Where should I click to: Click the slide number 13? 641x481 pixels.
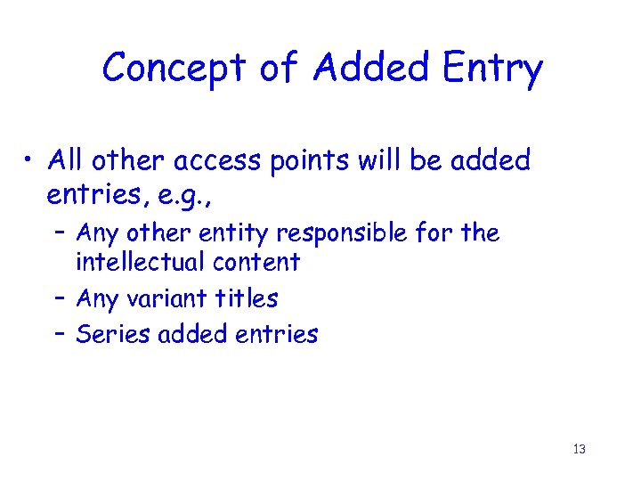(x=579, y=449)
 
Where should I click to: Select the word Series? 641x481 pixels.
(x=102, y=334)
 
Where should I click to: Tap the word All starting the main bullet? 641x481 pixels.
(x=69, y=161)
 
